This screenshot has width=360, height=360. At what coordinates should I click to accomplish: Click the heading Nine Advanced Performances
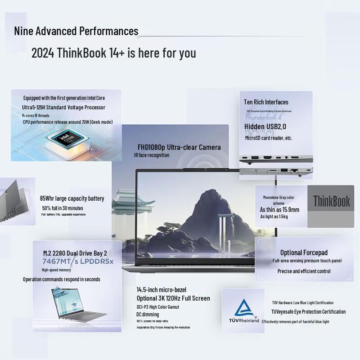pos(76,31)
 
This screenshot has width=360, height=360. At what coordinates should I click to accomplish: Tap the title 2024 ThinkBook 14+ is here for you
pos(113,53)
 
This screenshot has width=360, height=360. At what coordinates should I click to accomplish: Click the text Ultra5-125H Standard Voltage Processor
pos(63,107)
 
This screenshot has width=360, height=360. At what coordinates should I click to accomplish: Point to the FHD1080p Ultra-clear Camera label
pos(179,147)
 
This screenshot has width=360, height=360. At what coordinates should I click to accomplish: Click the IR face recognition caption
pos(152,155)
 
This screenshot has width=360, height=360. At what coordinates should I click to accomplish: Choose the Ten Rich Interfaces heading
pos(266,102)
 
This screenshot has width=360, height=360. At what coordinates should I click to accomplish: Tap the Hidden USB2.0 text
pos(265,126)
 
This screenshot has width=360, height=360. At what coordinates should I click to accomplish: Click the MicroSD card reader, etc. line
pos(268,138)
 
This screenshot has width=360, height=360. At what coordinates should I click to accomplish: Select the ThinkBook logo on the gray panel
pos(331,201)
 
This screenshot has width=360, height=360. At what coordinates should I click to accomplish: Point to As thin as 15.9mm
pos(279,210)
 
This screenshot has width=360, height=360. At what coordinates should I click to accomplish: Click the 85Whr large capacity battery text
pos(72,198)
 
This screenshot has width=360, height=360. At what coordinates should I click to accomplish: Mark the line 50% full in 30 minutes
pos(63,208)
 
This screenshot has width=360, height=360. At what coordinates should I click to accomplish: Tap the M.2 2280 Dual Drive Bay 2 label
pos(75,253)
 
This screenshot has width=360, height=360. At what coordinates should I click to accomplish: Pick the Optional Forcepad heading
pos(304,252)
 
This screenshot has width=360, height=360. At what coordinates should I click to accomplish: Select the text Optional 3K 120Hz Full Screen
pos(173,298)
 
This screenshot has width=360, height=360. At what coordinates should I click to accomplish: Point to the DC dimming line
pos(148,314)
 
